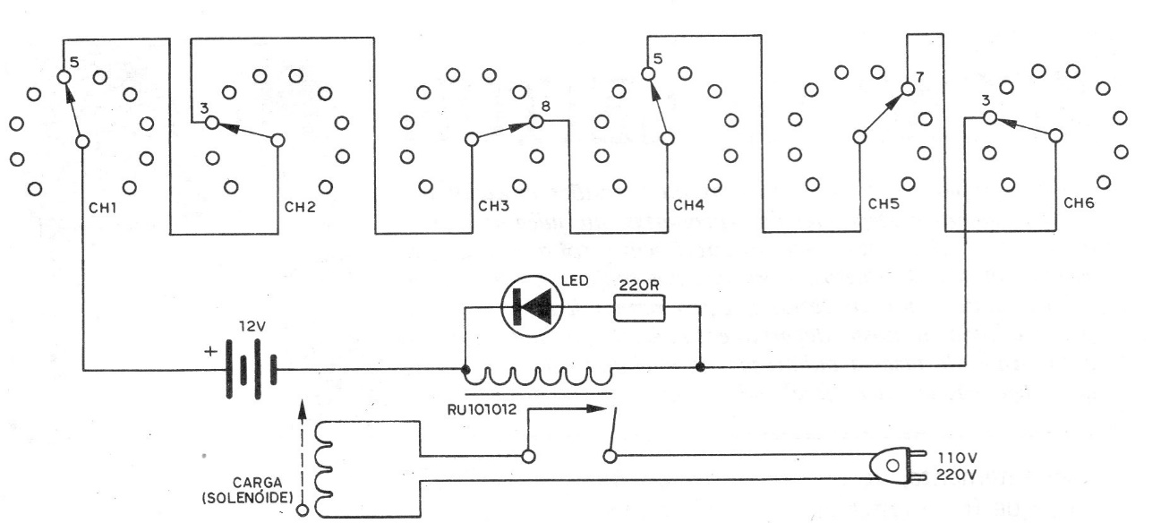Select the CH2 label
(x=299, y=207)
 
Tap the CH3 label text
(x=493, y=206)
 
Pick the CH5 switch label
(x=884, y=203)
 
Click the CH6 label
(x=1080, y=203)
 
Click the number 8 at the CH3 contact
(x=545, y=107)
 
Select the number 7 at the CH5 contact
(x=918, y=77)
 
